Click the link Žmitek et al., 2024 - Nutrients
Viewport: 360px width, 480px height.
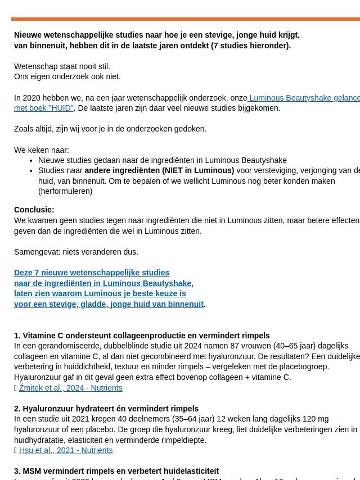(x=70, y=388)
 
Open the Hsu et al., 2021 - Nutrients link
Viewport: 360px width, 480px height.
(x=66, y=450)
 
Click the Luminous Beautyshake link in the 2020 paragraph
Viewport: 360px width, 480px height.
(x=304, y=98)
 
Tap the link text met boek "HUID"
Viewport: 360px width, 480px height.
(x=44, y=108)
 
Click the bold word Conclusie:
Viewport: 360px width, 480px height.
(x=34, y=210)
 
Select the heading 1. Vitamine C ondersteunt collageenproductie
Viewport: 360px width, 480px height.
(x=142, y=336)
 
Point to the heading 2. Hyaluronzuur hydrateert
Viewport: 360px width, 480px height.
(x=106, y=409)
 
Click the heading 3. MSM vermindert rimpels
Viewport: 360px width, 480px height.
(x=116, y=471)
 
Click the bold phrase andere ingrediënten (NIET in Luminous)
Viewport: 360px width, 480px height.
(x=159, y=170)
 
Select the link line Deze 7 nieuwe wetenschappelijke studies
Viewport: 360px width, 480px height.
(x=92, y=273)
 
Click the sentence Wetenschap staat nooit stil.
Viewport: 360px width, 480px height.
(x=62, y=66)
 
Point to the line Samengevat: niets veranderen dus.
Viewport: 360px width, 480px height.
(x=76, y=252)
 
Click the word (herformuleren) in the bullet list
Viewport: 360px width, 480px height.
(x=65, y=191)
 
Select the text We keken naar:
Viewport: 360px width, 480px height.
(x=42, y=150)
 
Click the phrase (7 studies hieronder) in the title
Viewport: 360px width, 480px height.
(x=251, y=46)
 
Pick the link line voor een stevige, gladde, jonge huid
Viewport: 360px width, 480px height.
(x=109, y=304)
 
